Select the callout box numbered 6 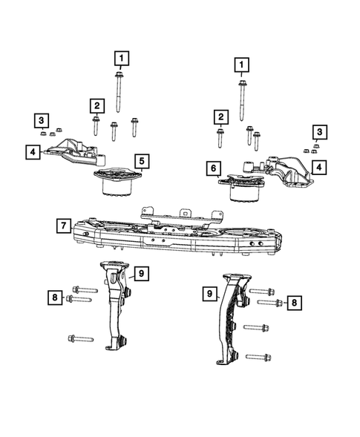click(x=214, y=170)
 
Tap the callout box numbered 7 click(x=65, y=225)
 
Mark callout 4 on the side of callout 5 click(x=32, y=153)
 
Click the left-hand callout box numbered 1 click(x=120, y=56)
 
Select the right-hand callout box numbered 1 click(x=241, y=66)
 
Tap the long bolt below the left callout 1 click(x=120, y=93)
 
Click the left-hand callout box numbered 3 click(x=42, y=119)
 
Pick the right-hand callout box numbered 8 click(x=295, y=302)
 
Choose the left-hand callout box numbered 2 click(x=97, y=105)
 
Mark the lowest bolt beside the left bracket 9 click(x=80, y=338)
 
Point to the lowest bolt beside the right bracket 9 click(x=256, y=357)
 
